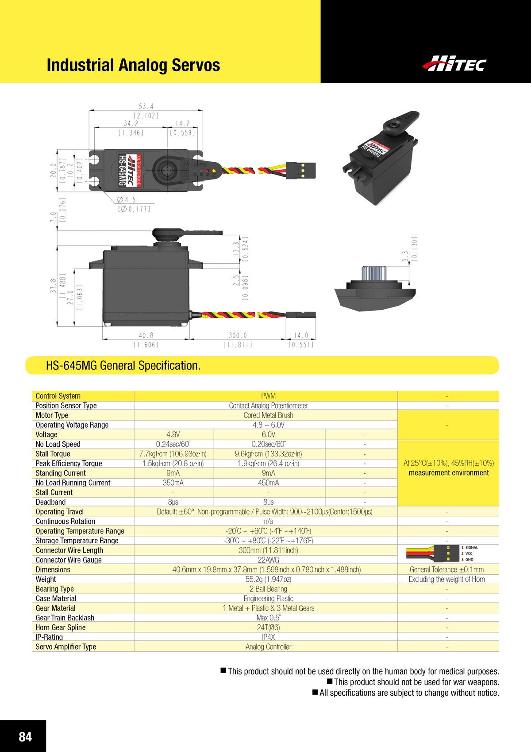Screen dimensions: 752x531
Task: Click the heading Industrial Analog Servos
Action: coord(133,65)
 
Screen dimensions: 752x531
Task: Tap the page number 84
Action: coord(25,736)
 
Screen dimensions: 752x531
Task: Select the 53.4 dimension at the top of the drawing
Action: coord(146,107)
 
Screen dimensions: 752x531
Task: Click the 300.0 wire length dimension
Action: coord(238,336)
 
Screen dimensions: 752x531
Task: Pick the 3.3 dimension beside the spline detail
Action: coord(405,257)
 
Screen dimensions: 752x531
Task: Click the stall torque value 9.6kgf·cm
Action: coord(268,454)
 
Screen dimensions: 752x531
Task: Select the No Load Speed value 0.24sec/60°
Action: coord(173,444)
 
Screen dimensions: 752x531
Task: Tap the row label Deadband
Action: coord(50,502)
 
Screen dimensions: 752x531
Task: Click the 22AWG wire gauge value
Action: coord(268,560)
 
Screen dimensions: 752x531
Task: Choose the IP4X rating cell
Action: coord(268,637)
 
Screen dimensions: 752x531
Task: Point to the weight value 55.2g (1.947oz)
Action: coord(268,579)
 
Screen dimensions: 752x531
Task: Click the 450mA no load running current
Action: coord(268,483)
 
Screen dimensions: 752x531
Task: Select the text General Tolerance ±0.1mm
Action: coord(446,570)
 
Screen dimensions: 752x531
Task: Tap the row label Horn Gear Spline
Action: coord(61,627)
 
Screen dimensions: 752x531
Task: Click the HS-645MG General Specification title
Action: coord(123,366)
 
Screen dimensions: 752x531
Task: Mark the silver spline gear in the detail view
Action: coord(371,273)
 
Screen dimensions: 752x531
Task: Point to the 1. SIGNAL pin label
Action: coord(469,548)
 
